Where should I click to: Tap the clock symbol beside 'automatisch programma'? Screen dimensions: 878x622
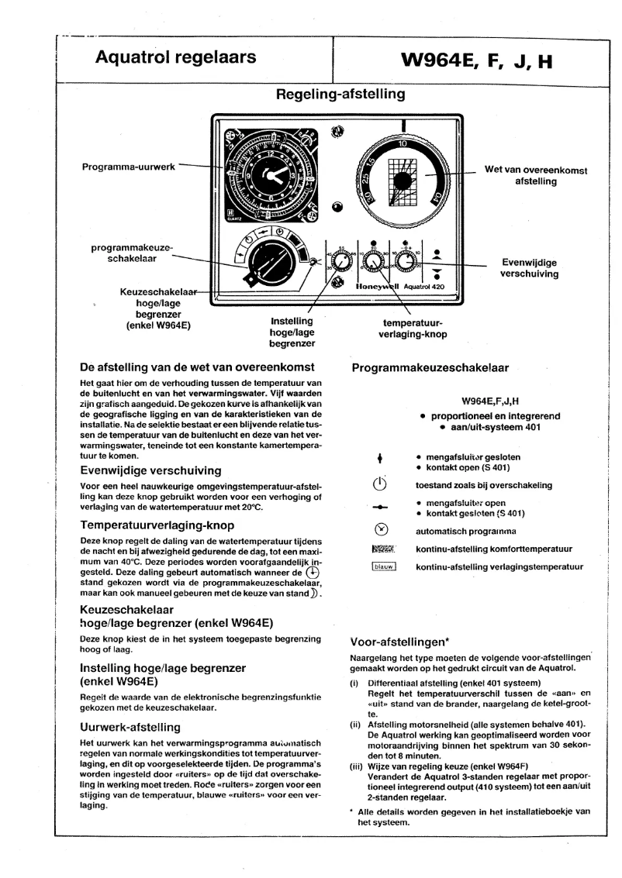click(380, 532)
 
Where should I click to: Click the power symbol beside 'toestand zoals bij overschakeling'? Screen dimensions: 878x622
click(380, 485)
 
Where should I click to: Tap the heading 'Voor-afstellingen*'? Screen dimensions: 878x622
click(392, 641)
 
